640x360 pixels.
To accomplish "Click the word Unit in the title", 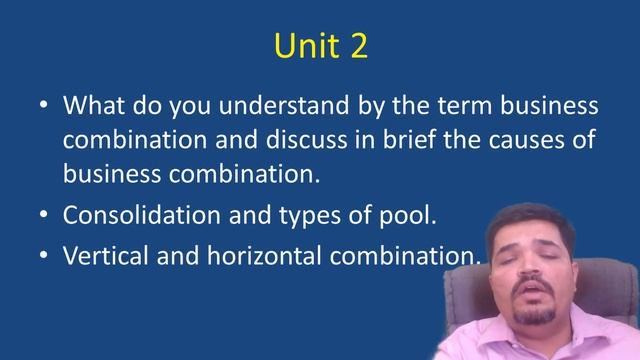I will [300, 47].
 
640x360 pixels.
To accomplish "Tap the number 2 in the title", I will [357, 47].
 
